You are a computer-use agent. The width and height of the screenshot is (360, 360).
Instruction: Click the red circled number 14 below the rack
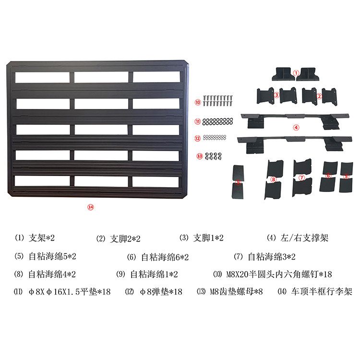90,207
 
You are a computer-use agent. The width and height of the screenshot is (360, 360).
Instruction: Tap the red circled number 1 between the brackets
296,73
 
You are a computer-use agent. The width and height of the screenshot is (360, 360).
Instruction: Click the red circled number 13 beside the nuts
199,156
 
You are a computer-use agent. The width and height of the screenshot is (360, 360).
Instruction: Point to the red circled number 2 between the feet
319,96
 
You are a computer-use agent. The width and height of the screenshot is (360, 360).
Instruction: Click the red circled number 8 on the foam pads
273,180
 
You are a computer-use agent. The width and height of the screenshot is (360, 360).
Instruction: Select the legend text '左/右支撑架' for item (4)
307,238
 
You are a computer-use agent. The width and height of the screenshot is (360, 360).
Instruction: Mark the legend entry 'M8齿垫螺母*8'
236,291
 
